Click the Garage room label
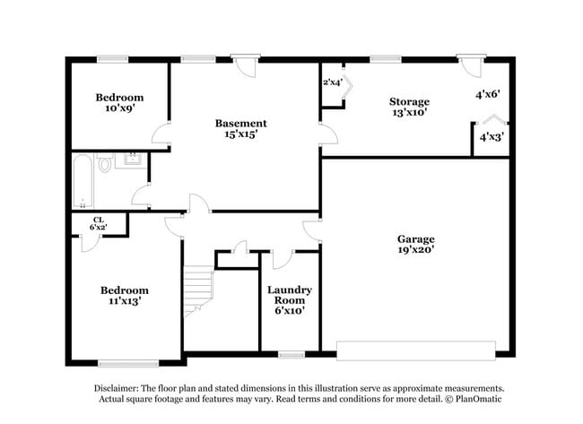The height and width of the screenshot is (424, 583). click(x=416, y=245)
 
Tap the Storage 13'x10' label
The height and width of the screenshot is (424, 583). click(x=408, y=108)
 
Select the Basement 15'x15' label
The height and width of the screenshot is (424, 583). click(x=240, y=129)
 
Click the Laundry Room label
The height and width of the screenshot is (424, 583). click(x=289, y=299)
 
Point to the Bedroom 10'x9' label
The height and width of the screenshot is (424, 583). click(x=119, y=102)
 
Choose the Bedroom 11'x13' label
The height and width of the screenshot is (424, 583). click(x=124, y=296)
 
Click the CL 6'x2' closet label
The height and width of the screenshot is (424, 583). click(x=98, y=224)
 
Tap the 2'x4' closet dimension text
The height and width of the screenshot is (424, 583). click(x=333, y=82)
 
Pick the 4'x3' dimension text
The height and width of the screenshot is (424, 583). click(x=491, y=138)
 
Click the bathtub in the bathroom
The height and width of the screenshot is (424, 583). click(x=81, y=180)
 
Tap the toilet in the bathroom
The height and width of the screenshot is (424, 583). click(x=104, y=164)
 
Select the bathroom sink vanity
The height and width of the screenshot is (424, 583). click(x=131, y=160)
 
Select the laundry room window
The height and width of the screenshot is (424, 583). click(x=290, y=355)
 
